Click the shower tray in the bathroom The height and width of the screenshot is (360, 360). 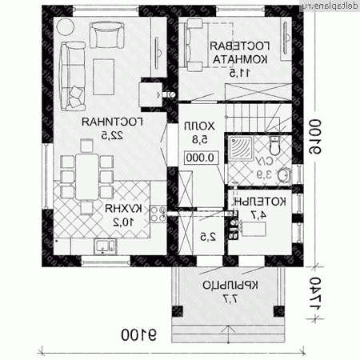(242, 146)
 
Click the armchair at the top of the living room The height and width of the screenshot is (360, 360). (106, 34)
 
